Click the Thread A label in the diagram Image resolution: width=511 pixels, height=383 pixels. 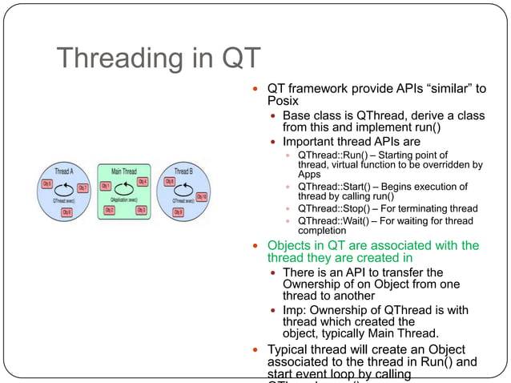click(64, 171)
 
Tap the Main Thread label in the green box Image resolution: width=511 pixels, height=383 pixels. click(123, 171)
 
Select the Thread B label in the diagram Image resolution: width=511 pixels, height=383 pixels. click(183, 171)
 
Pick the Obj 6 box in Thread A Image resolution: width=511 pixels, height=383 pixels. click(66, 212)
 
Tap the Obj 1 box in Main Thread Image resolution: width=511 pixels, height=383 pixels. click(105, 186)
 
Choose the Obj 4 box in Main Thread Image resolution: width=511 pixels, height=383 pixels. click(143, 182)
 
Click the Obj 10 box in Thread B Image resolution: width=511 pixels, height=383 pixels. click(201, 196)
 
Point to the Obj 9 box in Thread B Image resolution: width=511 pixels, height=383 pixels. click(178, 212)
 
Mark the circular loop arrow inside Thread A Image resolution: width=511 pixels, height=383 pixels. click(63, 190)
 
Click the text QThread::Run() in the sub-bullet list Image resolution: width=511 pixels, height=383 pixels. click(327, 155)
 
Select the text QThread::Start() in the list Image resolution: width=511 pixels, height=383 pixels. click(328, 187)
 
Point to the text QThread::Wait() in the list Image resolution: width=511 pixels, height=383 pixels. click(328, 220)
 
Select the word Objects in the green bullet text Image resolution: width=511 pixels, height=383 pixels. click(290, 245)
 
